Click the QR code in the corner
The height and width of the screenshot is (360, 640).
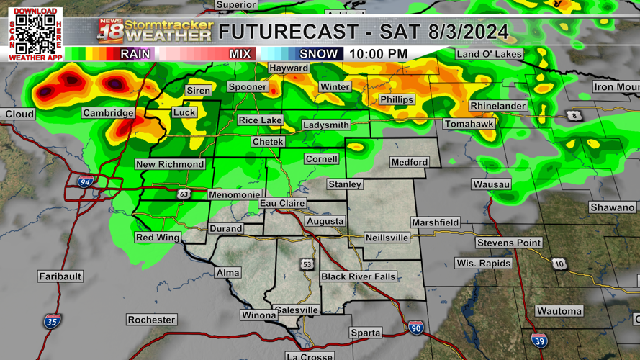tap(35, 33)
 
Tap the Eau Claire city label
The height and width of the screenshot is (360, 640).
tap(282, 204)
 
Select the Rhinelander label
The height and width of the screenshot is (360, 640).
tap(498, 106)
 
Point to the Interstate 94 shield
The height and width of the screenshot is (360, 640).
tap(86, 182)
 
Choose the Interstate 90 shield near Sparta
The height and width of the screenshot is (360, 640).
tap(415, 328)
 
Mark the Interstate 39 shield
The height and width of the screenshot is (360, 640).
tap(538, 340)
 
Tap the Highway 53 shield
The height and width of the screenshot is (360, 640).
tap(307, 264)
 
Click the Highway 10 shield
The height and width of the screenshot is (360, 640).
tap(559, 264)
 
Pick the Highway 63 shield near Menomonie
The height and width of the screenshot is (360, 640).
tap(184, 194)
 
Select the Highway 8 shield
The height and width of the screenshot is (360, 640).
tap(574, 115)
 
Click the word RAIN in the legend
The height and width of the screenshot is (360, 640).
tap(135, 54)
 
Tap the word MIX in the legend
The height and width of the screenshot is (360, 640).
tap(240, 54)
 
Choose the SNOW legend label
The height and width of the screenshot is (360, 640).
tap(318, 54)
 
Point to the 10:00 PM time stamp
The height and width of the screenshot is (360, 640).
tap(378, 54)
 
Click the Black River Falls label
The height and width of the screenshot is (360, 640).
tap(359, 276)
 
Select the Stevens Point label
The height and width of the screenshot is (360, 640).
tap(508, 243)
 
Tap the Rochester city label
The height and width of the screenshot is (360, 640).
tap(151, 320)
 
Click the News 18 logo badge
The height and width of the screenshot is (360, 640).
tap(110, 31)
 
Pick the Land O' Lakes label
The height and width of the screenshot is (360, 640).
tap(490, 54)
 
